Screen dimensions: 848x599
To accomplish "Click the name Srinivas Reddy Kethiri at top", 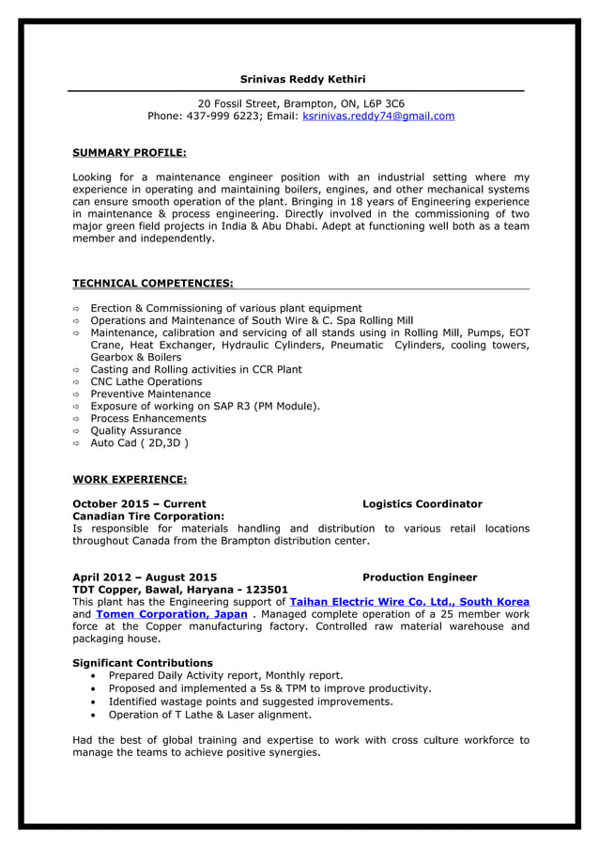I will click(302, 79).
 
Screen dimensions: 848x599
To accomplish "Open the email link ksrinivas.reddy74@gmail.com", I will click(378, 116).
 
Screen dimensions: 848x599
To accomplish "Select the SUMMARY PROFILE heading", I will click(130, 152).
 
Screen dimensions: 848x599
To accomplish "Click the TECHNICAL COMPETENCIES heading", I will click(153, 283).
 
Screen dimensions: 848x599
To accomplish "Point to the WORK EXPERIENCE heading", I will click(130, 479).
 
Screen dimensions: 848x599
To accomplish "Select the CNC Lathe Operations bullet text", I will click(146, 382).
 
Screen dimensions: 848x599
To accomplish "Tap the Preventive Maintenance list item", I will click(150, 394).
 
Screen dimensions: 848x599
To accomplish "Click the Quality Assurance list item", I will click(135, 431).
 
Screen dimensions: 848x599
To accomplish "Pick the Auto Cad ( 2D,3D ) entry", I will click(139, 443).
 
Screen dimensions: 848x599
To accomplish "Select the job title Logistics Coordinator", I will click(422, 504).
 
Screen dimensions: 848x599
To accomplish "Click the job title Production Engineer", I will click(419, 578).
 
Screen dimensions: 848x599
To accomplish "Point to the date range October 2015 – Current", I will click(139, 504).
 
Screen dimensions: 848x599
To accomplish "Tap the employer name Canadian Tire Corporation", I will click(148, 517).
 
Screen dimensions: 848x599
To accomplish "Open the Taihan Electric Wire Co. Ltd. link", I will click(409, 602).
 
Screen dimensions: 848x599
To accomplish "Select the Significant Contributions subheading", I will click(143, 663).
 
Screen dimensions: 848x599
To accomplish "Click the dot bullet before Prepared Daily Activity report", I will click(95, 676).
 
